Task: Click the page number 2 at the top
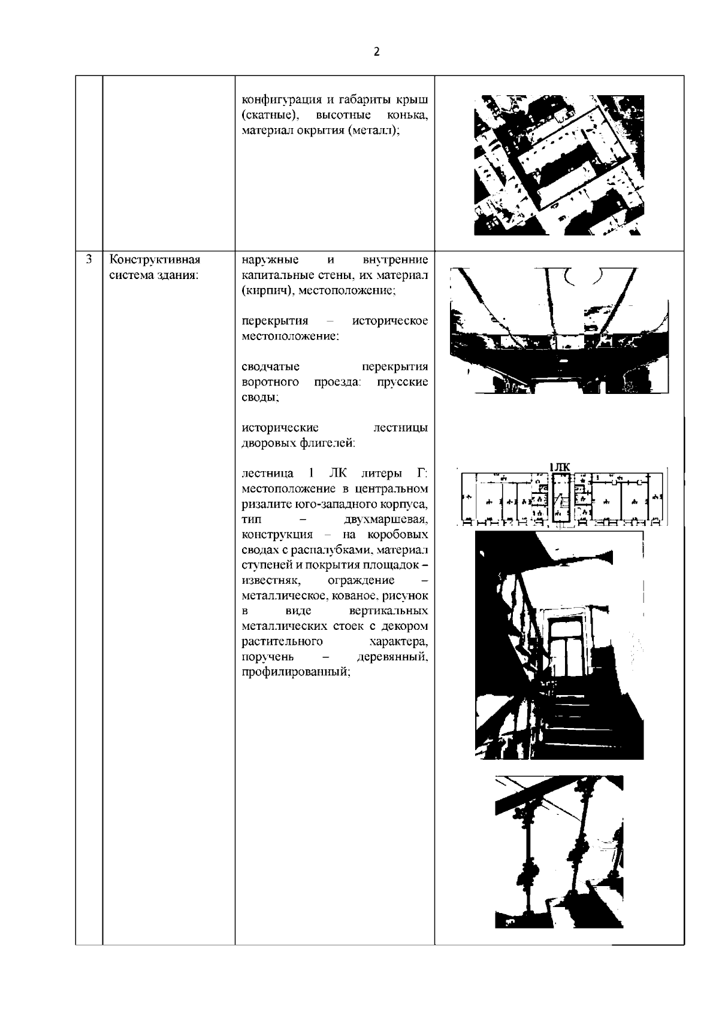click(376, 52)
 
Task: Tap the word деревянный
click(392, 657)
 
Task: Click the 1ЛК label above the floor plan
click(560, 468)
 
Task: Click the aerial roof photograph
click(558, 165)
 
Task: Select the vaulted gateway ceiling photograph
click(558, 329)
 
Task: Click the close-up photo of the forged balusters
click(558, 860)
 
